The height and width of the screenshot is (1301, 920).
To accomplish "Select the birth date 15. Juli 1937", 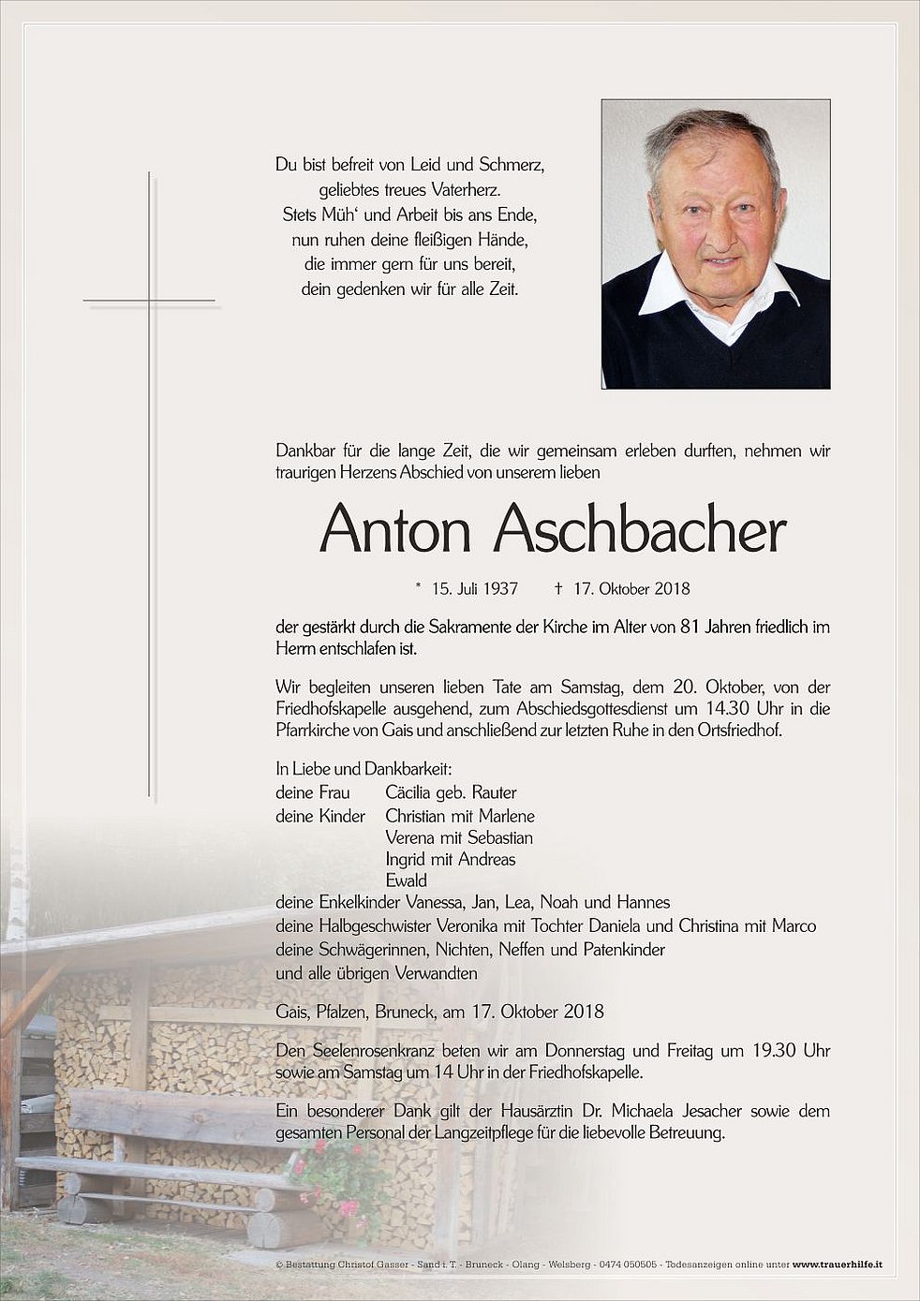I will click(x=475, y=589).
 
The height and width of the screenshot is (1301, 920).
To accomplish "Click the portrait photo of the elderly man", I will click(x=715, y=244).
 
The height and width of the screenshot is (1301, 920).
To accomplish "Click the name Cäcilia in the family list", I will click(x=412, y=792).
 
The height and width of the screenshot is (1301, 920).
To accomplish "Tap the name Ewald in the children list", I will click(x=406, y=880).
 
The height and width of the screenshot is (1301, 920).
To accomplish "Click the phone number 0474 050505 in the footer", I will click(x=627, y=1265).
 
